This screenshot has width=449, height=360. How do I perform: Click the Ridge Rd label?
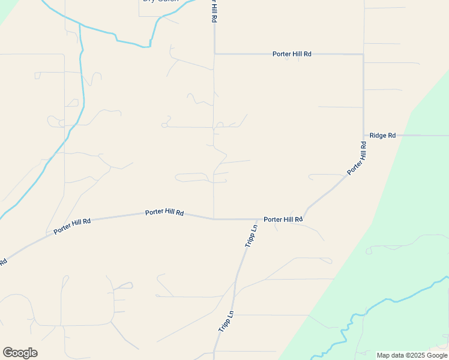[382, 136]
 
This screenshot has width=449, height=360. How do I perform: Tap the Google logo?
[20, 353]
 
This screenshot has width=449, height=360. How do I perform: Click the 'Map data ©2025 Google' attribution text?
[412, 355]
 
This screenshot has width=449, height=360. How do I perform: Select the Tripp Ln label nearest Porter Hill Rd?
[251, 236]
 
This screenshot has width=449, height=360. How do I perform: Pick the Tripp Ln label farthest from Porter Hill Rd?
[225, 322]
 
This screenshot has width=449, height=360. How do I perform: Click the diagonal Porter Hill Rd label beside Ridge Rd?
[357, 158]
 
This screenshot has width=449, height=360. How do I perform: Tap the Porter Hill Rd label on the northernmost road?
[292, 54]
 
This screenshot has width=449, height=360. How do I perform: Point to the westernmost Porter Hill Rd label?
[72, 226]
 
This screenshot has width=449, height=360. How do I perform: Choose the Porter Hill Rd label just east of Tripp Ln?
[283, 220]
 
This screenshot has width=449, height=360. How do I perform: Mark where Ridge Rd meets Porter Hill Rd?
[363, 136]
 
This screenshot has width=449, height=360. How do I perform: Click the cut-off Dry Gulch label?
[160, 2]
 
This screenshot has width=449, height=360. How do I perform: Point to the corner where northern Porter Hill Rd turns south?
[363, 55]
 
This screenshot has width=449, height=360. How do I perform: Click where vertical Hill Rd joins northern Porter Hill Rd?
[214, 54]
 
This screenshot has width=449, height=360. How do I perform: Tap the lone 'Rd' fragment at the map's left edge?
[3, 262]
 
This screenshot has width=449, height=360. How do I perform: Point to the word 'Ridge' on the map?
[378, 136]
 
